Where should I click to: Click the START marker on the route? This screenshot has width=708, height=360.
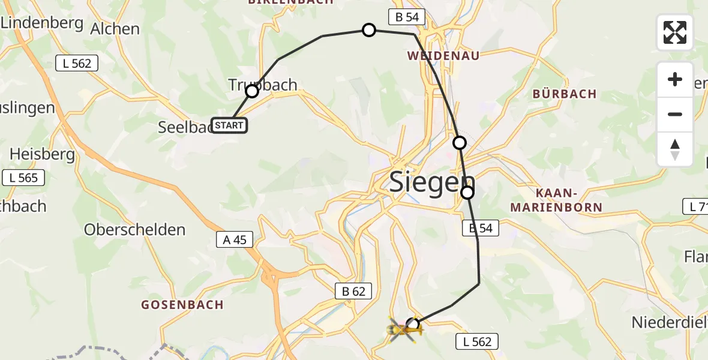tap(229, 125)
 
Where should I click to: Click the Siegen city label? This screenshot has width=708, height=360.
tap(432, 182)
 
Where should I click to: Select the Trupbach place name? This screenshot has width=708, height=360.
tap(263, 85)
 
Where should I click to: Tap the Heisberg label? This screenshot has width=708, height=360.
tap(42, 154)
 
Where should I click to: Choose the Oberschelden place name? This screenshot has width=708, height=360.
tap(134, 230)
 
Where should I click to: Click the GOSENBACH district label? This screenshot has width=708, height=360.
tap(182, 305)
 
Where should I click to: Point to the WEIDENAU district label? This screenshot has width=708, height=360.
tap(443, 56)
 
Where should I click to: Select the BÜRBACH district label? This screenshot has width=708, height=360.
tap(565, 94)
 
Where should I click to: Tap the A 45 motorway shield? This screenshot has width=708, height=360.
tap(235, 239)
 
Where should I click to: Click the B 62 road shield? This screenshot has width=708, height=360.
tap(353, 292)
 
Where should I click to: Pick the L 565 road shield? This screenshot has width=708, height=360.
tap(23, 178)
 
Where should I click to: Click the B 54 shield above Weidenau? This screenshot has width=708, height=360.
tap(407, 17)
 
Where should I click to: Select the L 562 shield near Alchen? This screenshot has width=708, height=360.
tap(76, 63)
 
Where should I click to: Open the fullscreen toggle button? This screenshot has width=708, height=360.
tap(674, 32)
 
